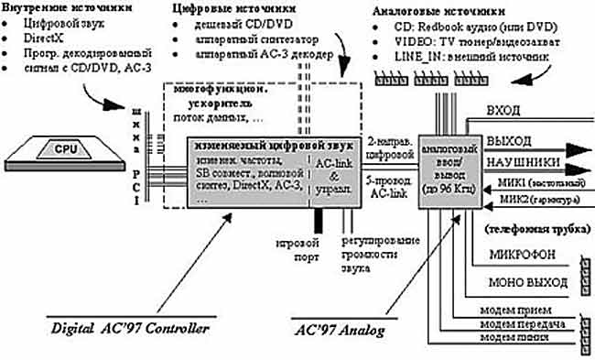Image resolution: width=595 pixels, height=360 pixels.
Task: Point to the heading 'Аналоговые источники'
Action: pyautogui.click(x=438, y=11)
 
